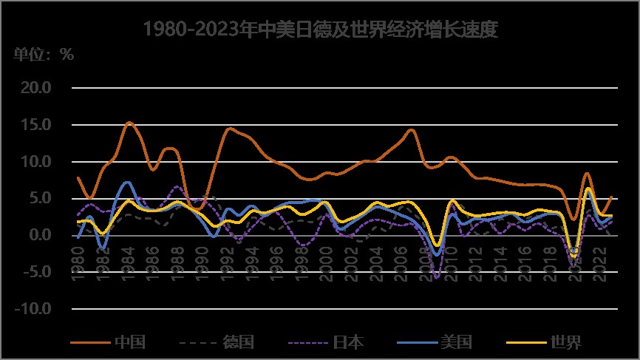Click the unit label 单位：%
(x=44, y=55)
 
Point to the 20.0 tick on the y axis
(x=35, y=88)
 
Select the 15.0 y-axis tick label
(x=35, y=125)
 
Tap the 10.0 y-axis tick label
(x=35, y=162)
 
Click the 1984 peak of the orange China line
(x=129, y=123)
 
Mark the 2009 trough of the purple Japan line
(x=436, y=278)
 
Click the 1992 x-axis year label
(x=225, y=263)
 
